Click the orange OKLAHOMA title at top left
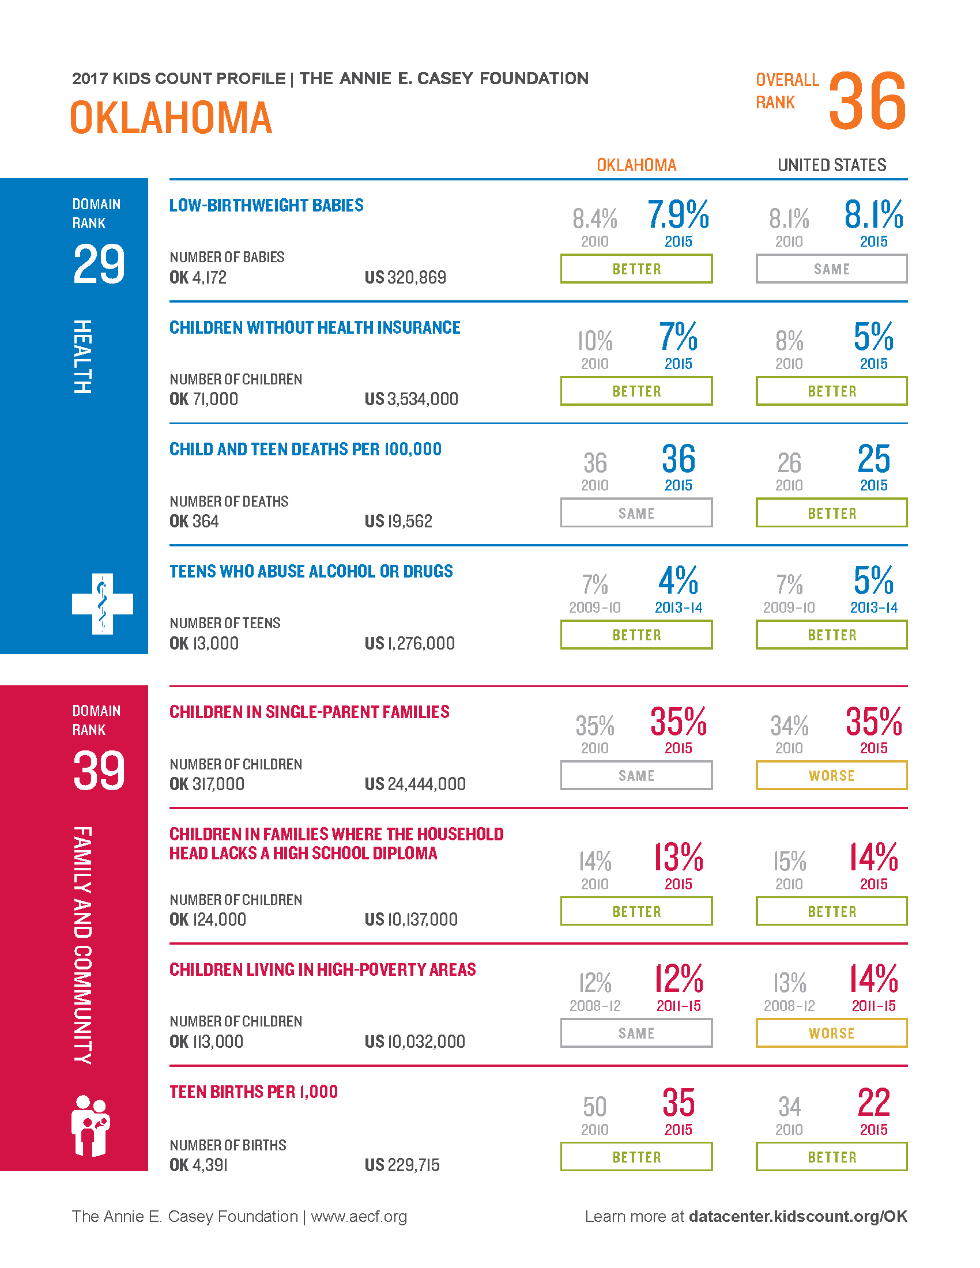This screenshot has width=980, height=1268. [171, 118]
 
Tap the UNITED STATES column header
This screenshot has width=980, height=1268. [831, 165]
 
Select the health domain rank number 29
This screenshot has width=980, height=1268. [99, 263]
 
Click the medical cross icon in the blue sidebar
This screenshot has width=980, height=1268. [103, 604]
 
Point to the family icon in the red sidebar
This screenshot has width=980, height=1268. [91, 1126]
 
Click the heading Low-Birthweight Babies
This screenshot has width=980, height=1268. [266, 206]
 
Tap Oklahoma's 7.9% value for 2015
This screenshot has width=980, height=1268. [678, 214]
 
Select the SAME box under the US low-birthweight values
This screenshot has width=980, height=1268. [831, 269]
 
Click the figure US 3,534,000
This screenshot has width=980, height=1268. [412, 399]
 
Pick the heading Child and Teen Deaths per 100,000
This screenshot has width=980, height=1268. [306, 450]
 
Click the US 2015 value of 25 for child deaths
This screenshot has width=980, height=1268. [874, 459]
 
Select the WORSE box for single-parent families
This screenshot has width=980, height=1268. [831, 776]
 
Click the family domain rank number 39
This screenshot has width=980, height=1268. [99, 771]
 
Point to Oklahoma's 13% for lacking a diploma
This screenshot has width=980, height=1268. [678, 857]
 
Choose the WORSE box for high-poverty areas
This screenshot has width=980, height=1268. [831, 1033]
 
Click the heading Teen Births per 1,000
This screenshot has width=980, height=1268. [254, 1092]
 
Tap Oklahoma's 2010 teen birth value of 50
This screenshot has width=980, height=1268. [594, 1107]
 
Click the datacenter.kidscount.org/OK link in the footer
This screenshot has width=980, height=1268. [798, 1216]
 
